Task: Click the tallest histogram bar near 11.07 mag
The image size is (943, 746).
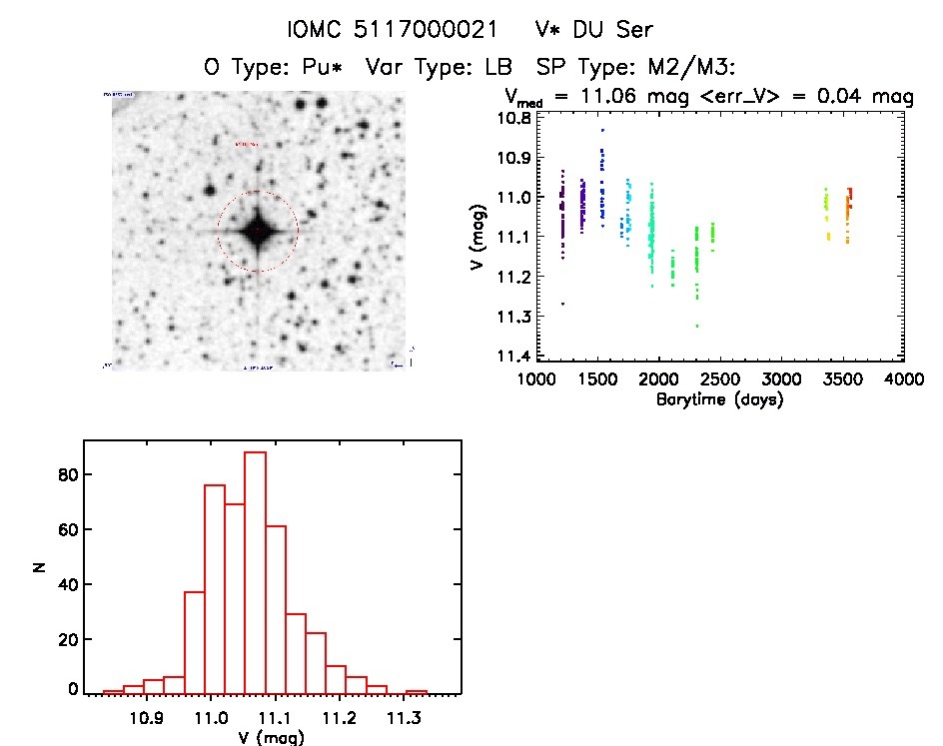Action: click(255, 571)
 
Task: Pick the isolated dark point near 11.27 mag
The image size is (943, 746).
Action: click(562, 303)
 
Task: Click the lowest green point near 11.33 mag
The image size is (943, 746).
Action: click(697, 326)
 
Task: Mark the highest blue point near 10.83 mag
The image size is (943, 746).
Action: click(602, 130)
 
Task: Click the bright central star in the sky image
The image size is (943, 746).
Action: click(258, 231)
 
